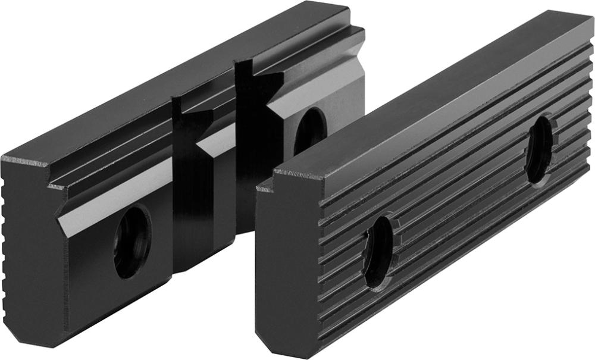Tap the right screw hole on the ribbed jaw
click(x=540, y=149)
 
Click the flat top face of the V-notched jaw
click(x=178, y=77)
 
